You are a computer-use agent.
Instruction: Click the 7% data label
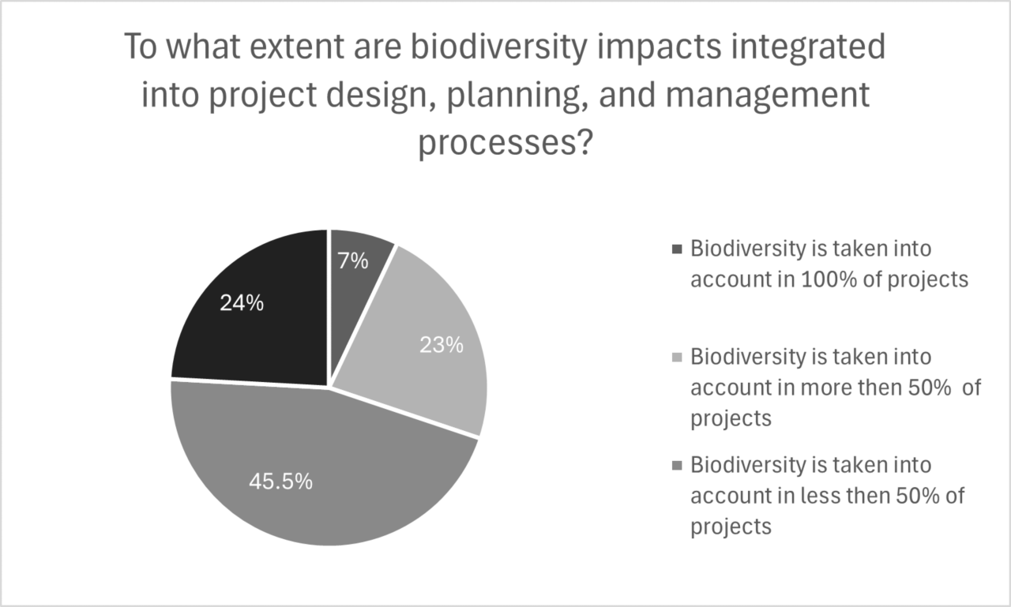click(x=353, y=261)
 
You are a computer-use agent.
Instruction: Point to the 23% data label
click(x=441, y=345)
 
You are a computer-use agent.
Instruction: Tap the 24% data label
click(x=242, y=302)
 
